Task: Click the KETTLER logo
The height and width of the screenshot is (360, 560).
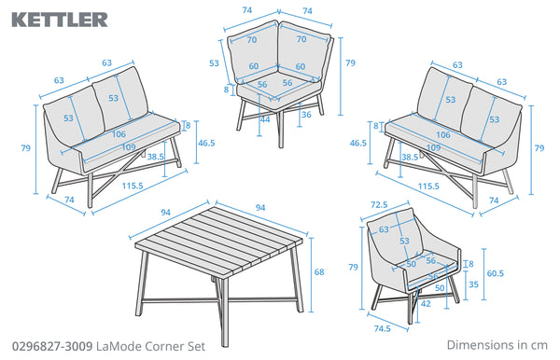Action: pyautogui.click(x=60, y=20)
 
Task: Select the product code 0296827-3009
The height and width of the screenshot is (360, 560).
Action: pyautogui.click(x=52, y=346)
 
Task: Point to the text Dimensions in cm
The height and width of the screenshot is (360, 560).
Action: pyautogui.click(x=497, y=345)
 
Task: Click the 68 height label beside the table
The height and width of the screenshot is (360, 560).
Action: pyautogui.click(x=319, y=272)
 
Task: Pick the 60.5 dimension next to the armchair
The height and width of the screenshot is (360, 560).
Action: pyautogui.click(x=495, y=273)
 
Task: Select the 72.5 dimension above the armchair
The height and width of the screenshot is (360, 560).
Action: pyautogui.click(x=379, y=205)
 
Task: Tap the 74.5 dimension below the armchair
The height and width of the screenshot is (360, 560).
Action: pyautogui.click(x=382, y=328)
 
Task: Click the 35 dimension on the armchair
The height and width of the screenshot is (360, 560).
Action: pyautogui.click(x=473, y=284)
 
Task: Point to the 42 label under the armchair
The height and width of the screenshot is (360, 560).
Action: pyautogui.click(x=426, y=304)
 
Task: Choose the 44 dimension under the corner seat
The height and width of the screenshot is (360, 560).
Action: pyautogui.click(x=265, y=119)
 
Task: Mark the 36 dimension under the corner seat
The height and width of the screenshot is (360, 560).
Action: pyautogui.click(x=306, y=115)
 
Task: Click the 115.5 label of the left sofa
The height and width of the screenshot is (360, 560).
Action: pyautogui.click(x=133, y=186)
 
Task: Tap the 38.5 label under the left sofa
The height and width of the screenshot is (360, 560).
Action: pyautogui.click(x=155, y=157)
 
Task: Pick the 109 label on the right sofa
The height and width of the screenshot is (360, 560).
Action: pyautogui.click(x=433, y=147)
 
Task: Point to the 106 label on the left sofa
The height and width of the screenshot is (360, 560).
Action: pyautogui.click(x=119, y=134)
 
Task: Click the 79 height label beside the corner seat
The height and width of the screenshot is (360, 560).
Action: pyautogui.click(x=350, y=62)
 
